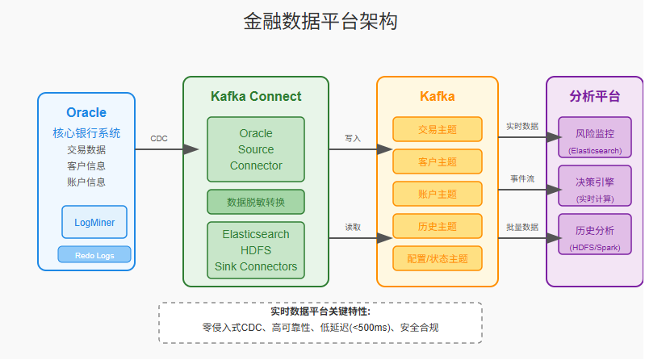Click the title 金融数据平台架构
(320, 22)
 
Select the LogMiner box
(94, 222)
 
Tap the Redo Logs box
(94, 255)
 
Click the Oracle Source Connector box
(256, 149)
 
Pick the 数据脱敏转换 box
(256, 202)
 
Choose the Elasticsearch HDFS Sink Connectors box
(256, 250)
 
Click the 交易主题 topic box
(437, 129)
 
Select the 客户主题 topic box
(437, 161)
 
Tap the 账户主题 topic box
(437, 194)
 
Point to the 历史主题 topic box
(437, 226)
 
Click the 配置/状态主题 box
(437, 258)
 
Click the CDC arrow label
(159, 138)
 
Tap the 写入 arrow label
(353, 138)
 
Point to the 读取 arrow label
(353, 227)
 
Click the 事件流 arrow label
(522, 178)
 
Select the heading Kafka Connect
(256, 97)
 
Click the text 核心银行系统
(86, 133)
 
